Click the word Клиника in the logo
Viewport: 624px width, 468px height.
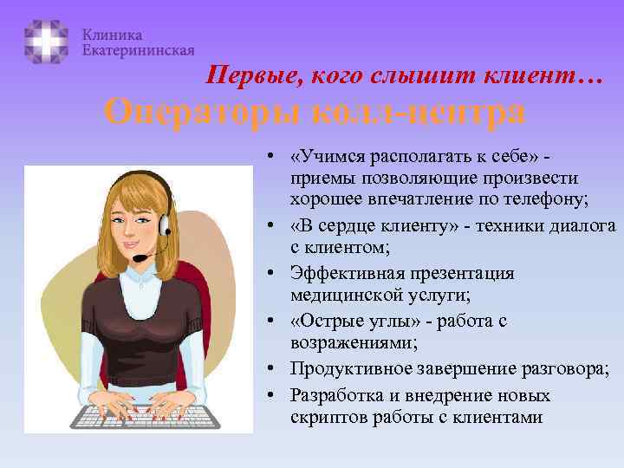point(113,35)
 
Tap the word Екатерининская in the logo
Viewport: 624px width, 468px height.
point(138,51)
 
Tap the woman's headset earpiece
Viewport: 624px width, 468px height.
point(165,224)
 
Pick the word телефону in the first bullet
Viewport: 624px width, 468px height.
point(547,198)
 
